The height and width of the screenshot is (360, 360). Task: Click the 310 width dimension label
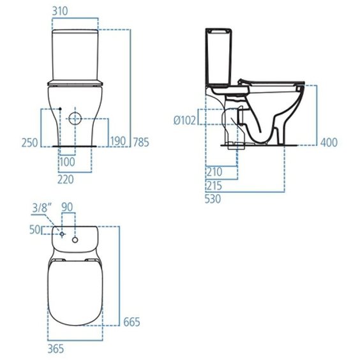tap(60, 11)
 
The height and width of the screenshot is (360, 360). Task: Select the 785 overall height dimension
tap(141, 142)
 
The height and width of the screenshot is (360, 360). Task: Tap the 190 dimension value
tap(118, 141)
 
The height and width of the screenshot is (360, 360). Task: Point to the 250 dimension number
tap(29, 142)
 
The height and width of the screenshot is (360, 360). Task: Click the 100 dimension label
tap(67, 162)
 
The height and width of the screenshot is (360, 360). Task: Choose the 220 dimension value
tap(66, 179)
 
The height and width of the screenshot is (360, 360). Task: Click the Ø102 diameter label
tap(185, 120)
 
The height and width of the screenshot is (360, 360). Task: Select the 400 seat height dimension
tap(329, 142)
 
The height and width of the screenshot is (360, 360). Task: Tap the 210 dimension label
tap(214, 172)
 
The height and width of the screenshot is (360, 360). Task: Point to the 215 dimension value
tap(214, 186)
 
